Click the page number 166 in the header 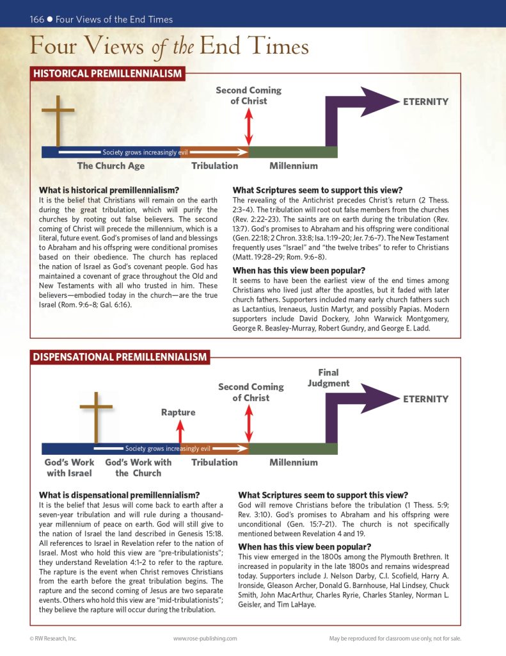[x=36, y=19]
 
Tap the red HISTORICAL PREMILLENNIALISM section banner [x=107, y=74]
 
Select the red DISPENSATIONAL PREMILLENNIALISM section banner [x=120, y=357]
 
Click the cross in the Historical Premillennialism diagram [x=58, y=122]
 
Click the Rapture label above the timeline [x=178, y=413]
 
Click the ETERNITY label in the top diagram [x=425, y=101]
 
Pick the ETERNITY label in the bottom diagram [x=425, y=398]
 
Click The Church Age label [x=111, y=166]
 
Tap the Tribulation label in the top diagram [x=214, y=166]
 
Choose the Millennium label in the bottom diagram [x=293, y=462]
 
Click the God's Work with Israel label [x=69, y=468]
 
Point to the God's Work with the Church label [x=138, y=468]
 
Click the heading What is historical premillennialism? [x=109, y=190]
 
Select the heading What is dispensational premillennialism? [x=120, y=495]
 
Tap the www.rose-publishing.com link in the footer [x=205, y=638]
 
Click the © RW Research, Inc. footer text [x=53, y=638]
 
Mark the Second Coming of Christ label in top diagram [x=248, y=95]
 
